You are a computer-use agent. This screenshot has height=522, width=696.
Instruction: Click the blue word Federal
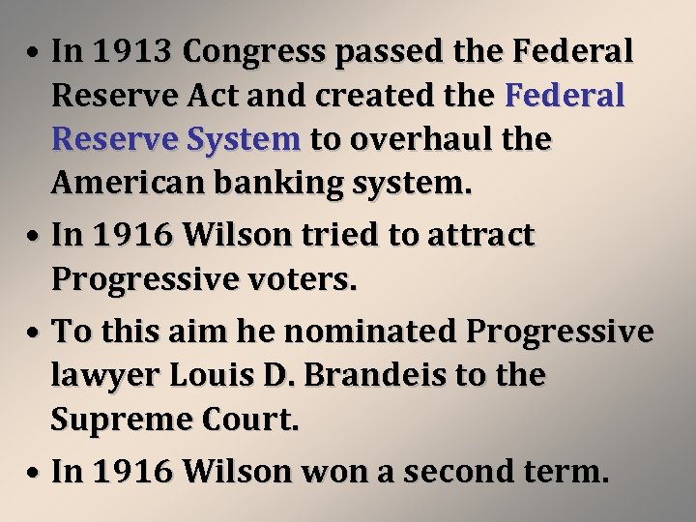click(x=565, y=96)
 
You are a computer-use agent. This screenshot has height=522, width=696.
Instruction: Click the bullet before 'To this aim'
click(x=34, y=332)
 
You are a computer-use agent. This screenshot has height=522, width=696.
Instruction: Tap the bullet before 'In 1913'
click(x=34, y=52)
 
